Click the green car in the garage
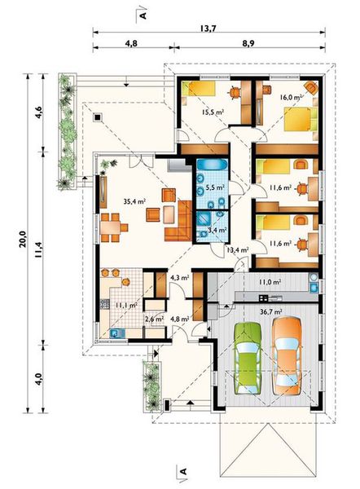pos(248,359)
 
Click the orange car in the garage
pos(287,355)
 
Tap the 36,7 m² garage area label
pos(271,311)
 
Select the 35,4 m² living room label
pos(134,201)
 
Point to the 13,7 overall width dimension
pos(209,29)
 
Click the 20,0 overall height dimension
pos(23,240)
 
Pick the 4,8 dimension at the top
pos(131,43)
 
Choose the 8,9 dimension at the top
pos(248,43)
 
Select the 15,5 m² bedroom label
pos(213,112)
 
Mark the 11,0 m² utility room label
pos(270,282)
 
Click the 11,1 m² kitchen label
pos(126,305)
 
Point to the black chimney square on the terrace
pos(98,117)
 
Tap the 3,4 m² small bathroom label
pos(217,230)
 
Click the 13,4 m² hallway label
pos(238,249)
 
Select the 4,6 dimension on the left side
pos(38,112)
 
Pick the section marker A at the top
pos(143,15)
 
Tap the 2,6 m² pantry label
pos(154,319)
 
